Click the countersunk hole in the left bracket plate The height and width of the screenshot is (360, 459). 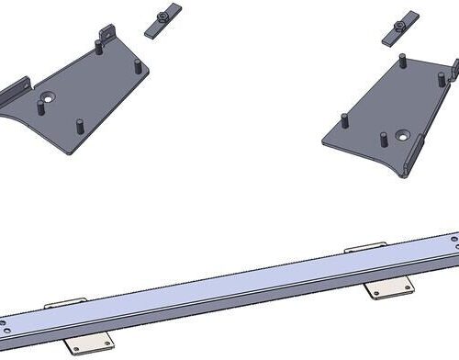pos(46,96)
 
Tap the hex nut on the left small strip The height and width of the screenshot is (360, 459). pos(162,13)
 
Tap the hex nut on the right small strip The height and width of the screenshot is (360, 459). pos(399,24)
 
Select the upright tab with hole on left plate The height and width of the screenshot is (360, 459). pos(106,33)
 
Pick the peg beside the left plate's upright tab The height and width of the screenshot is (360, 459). pos(97,46)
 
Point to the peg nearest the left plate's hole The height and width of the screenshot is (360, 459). pos(39,105)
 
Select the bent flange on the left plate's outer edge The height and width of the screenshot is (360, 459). pos(13,89)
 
